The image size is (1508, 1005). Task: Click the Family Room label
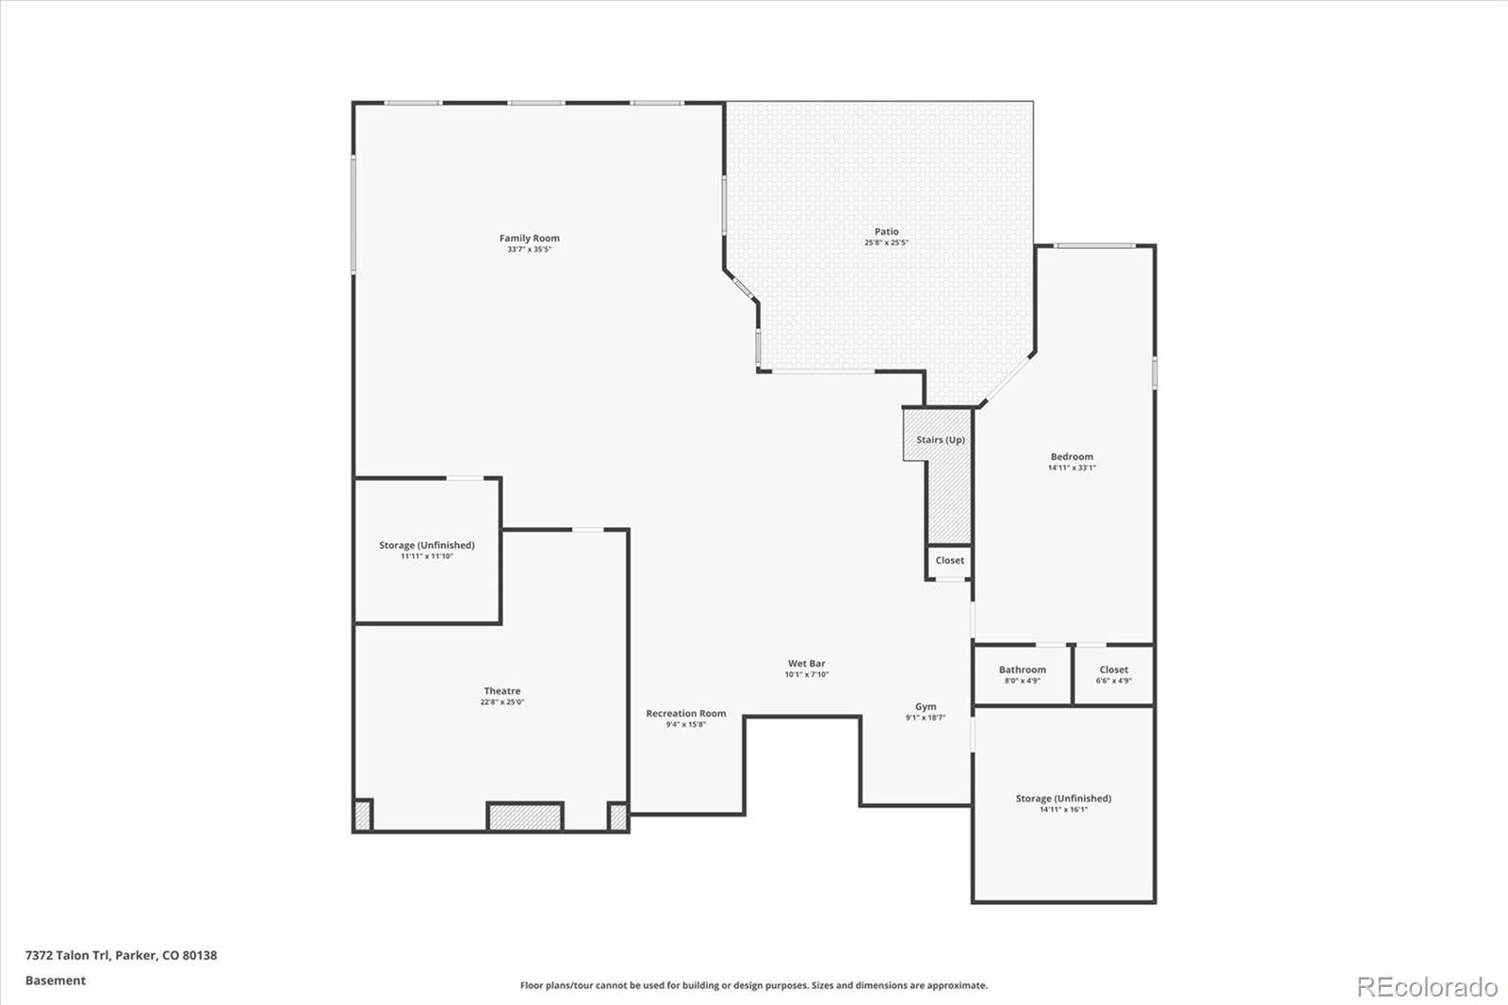529,239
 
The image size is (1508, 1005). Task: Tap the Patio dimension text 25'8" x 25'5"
886,243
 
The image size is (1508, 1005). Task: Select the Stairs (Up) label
940,440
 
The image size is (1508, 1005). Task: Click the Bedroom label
1072,457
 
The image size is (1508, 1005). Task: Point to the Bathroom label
1022,670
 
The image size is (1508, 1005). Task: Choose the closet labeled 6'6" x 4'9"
1113,675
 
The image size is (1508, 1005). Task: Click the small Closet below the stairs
949,561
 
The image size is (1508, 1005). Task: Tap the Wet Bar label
806,664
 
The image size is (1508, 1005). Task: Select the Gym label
926,707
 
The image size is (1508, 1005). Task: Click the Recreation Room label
685,714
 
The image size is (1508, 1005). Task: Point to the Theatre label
502,691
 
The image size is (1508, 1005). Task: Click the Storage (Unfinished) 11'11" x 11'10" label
427,546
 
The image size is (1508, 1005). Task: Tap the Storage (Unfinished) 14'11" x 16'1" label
1063,799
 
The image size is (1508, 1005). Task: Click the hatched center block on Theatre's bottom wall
525,816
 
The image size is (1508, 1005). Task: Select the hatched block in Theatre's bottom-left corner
363,816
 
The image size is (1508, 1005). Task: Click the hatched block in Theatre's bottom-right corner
618,816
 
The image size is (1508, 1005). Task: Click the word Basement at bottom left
56,980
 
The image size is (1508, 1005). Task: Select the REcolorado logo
1427,987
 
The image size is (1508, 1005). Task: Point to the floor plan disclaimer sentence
754,985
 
